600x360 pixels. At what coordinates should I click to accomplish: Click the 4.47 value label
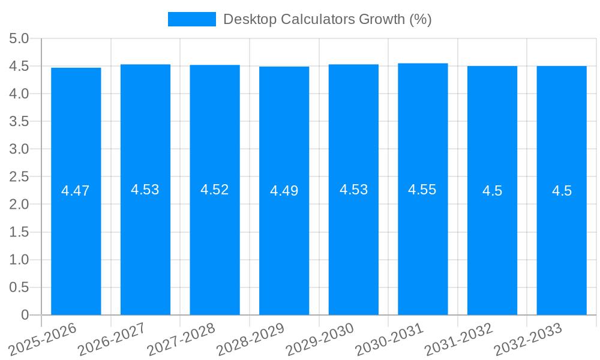(76, 191)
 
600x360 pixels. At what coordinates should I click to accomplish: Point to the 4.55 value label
(422, 190)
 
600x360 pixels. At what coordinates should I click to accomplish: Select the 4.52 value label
(215, 190)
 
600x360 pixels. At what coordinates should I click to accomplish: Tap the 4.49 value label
(284, 191)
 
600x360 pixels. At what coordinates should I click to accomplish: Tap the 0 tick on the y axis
(25, 315)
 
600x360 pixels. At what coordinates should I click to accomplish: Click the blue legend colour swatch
(191, 19)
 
